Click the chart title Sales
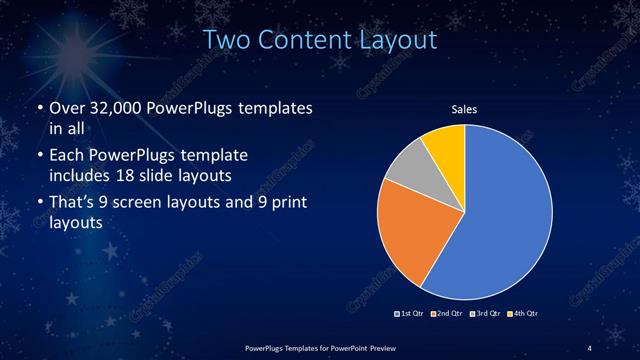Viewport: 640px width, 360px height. [x=465, y=108]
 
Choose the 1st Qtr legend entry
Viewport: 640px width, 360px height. [x=411, y=314]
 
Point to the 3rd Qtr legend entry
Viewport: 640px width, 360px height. [x=484, y=314]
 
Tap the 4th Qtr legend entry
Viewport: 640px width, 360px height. [x=523, y=314]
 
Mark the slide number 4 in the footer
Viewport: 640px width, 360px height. [x=589, y=346]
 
